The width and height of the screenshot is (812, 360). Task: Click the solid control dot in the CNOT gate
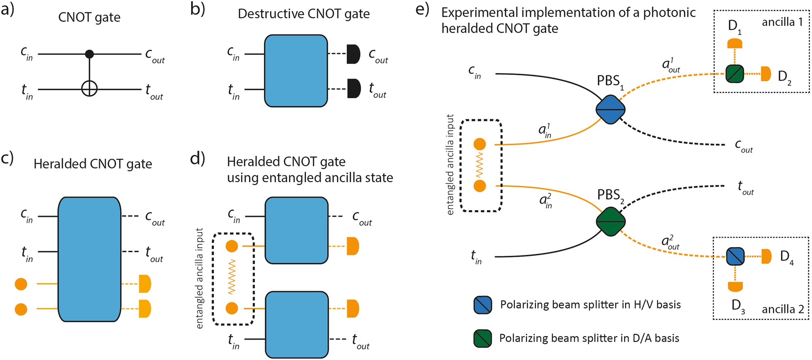point(89,54)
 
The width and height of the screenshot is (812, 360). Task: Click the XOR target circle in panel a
point(89,89)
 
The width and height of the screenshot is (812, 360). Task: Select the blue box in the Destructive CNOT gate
point(296,71)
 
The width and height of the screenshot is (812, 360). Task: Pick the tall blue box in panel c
point(89,259)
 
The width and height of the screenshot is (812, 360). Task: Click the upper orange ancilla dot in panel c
point(21,284)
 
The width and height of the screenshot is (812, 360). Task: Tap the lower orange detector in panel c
point(145,309)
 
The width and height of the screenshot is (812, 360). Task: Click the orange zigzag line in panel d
point(232,277)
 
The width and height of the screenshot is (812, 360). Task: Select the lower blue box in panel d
point(297,325)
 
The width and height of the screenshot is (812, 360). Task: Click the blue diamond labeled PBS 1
point(610,110)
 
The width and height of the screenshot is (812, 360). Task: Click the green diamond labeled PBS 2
point(611,222)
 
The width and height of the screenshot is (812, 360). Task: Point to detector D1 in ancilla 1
point(735,43)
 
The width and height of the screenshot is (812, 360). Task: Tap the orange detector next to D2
point(766,74)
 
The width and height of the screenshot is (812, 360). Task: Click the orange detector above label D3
point(735,287)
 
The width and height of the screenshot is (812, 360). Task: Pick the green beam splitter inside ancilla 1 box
point(735,74)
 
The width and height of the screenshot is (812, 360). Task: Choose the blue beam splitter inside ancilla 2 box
point(735,257)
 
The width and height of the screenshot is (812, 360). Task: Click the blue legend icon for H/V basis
point(483,305)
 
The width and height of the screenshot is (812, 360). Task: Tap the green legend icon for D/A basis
point(483,338)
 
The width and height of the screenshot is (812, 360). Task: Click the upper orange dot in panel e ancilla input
point(479,144)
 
